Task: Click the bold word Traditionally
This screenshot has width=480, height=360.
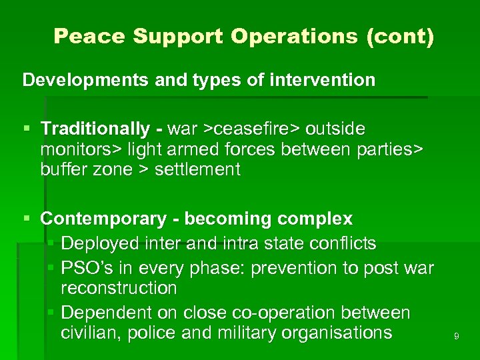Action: click(x=95, y=128)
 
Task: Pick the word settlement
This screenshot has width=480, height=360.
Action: click(x=197, y=169)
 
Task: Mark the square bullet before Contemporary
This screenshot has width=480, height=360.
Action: click(x=27, y=219)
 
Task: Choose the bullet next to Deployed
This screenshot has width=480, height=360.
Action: click(x=52, y=243)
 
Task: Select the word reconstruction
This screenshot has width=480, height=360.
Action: click(x=119, y=288)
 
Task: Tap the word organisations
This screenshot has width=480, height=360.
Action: click(x=337, y=333)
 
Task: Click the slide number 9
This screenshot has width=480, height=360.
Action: click(x=456, y=337)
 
